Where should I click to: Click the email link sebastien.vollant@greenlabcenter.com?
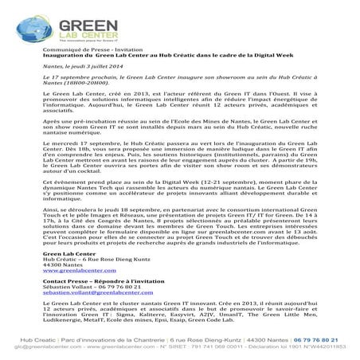pos(100,316)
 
